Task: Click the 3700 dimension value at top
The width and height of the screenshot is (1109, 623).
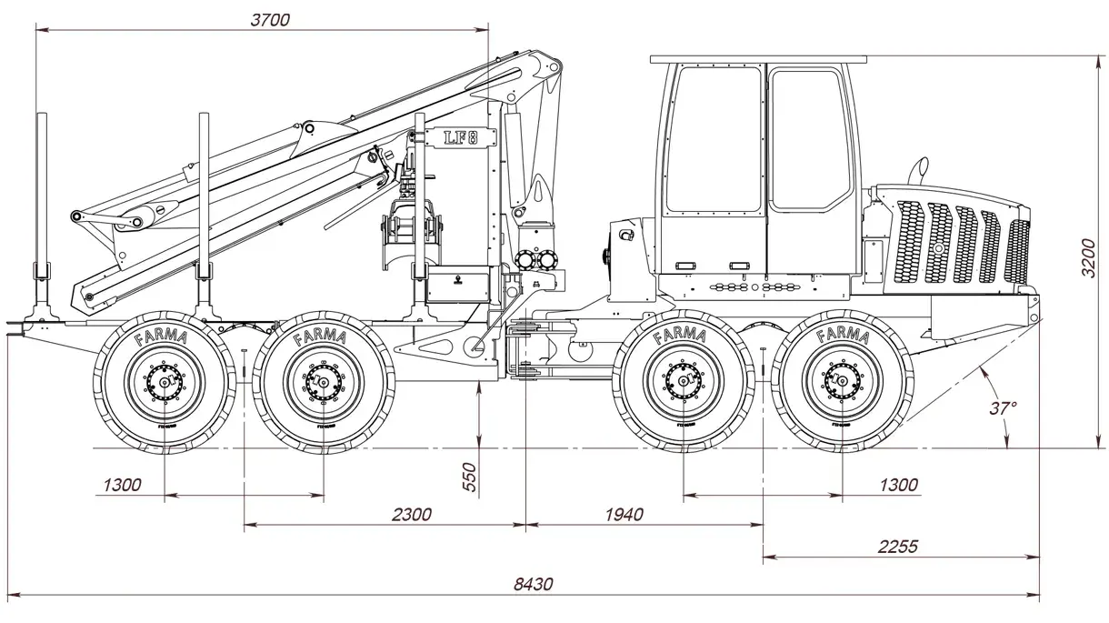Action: click(x=269, y=19)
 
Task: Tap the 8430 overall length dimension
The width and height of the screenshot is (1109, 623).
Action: click(x=533, y=585)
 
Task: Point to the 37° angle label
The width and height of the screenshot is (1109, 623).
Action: click(x=1003, y=408)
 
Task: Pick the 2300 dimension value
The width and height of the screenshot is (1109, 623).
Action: click(x=411, y=515)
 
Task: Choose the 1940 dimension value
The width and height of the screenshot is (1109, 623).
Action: click(x=623, y=515)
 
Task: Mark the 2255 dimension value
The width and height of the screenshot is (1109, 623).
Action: click(x=898, y=547)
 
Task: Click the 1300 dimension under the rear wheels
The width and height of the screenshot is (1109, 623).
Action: click(x=122, y=485)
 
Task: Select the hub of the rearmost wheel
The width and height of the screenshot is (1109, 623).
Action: click(x=165, y=383)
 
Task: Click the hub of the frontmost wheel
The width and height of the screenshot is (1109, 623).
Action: click(x=842, y=383)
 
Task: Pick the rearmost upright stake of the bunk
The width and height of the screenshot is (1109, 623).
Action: click(x=42, y=209)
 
